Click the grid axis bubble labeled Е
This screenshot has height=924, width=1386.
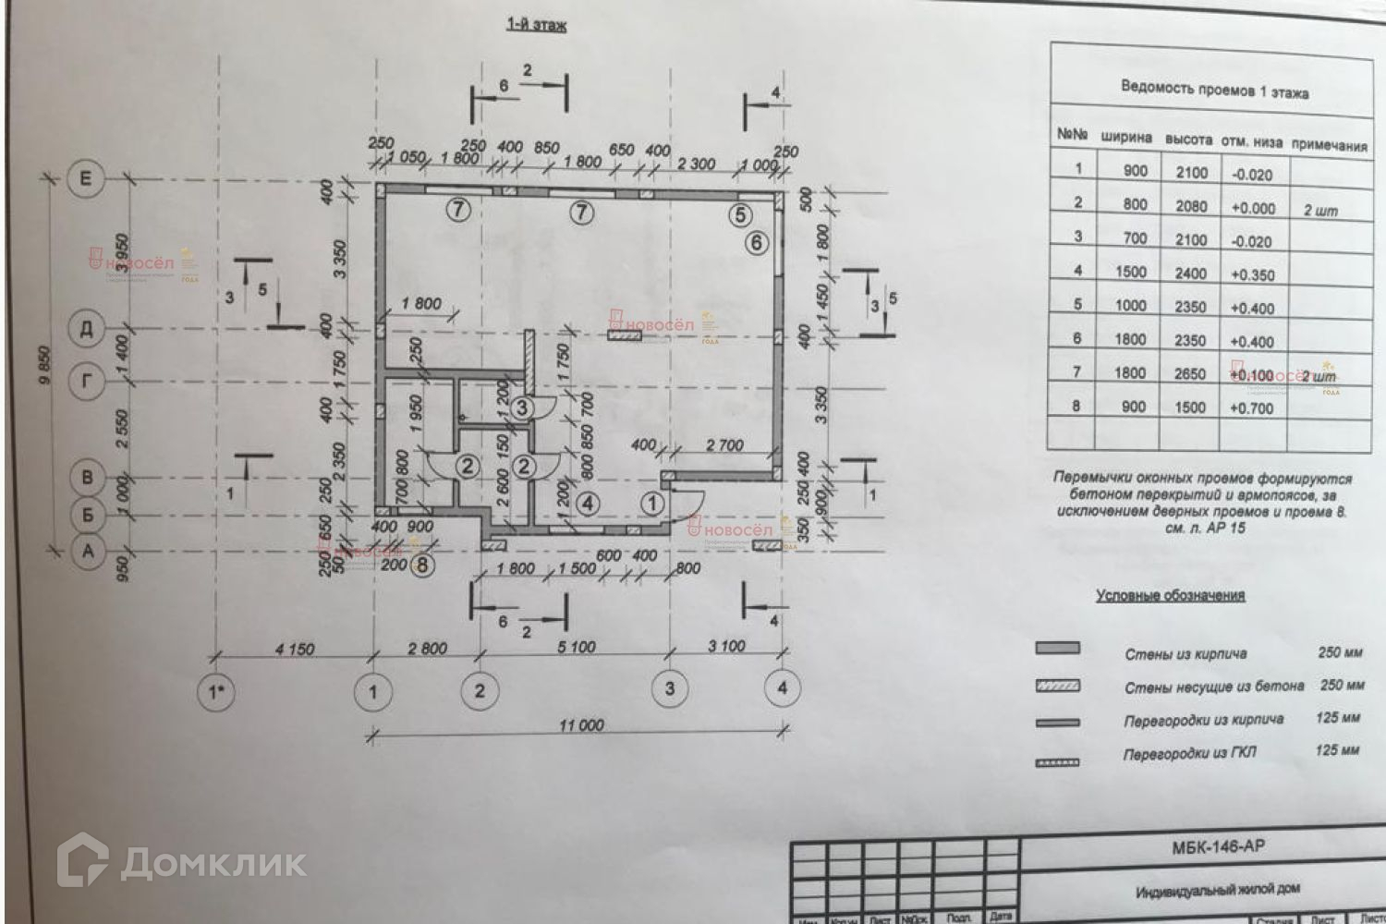[87, 177]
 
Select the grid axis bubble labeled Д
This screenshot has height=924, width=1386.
[87, 330]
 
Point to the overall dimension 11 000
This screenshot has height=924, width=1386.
[580, 725]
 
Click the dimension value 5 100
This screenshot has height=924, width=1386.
[577, 648]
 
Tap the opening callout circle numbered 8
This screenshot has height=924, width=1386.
[421, 565]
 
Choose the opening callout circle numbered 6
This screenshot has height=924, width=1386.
[757, 243]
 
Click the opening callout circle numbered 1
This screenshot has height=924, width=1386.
[653, 504]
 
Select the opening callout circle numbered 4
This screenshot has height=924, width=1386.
[589, 504]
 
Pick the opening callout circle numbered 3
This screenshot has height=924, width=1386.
[523, 407]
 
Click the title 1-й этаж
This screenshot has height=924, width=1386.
[536, 25]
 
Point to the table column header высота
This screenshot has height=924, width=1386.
[1188, 140]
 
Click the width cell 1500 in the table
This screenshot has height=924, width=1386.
[1131, 272]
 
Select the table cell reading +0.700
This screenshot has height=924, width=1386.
[1252, 407]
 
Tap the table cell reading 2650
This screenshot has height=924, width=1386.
[1190, 373]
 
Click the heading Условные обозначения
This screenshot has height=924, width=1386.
[1170, 596]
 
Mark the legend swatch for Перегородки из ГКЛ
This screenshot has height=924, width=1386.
[1057, 761]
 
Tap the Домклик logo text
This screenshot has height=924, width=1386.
[213, 863]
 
